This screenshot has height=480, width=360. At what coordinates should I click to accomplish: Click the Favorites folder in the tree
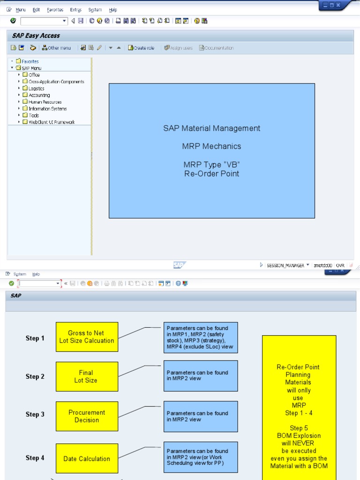pos(30,61)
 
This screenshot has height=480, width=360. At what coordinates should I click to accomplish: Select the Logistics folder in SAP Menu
pos(36,89)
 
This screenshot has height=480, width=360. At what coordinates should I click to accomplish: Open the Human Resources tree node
pos(45,102)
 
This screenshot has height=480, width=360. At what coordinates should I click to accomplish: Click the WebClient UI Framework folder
pos(51,122)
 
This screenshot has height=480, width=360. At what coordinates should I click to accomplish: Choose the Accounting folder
pos(39,95)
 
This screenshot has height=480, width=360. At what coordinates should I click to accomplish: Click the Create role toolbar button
pos(141,48)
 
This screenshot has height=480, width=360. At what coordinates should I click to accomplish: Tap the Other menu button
pos(57,48)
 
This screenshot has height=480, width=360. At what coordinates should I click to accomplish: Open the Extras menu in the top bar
pos(75,10)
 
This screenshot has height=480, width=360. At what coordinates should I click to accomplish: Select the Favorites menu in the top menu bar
pos(55,10)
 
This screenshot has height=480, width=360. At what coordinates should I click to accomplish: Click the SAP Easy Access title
pos(36,36)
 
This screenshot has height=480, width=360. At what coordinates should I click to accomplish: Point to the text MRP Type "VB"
pos(212,165)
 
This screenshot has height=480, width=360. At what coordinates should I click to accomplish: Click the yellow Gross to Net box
pos(87,337)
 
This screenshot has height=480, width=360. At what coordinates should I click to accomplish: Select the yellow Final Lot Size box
pos(87,376)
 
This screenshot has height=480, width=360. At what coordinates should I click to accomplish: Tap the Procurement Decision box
pos(87,416)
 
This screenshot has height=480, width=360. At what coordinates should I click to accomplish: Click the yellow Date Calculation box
pos(87,458)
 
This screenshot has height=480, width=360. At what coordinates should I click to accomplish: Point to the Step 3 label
pos(35,414)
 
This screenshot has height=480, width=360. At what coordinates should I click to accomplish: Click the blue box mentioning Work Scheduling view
pos(200,457)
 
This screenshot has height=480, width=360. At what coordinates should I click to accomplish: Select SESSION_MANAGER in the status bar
pos(285,265)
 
